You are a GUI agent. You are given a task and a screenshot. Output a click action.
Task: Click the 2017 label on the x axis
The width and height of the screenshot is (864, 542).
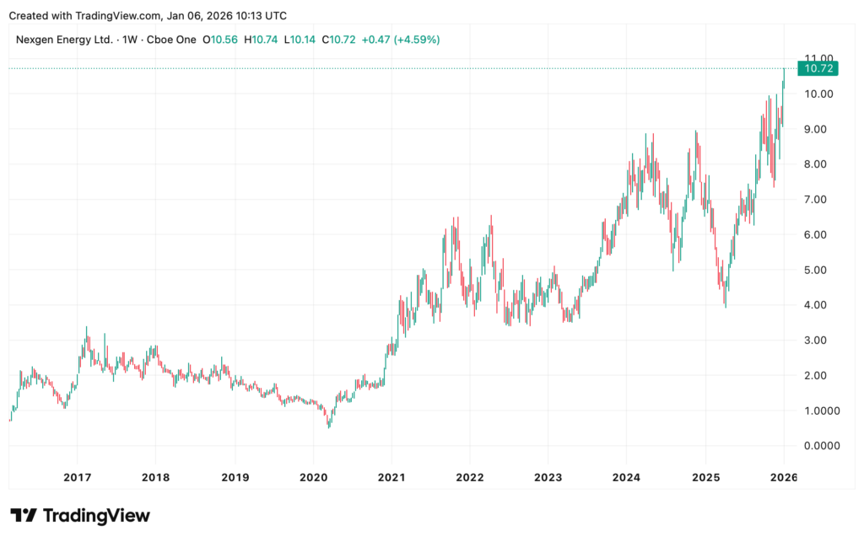[77, 477]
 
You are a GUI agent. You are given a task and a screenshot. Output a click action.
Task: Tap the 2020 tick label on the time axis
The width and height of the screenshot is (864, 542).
[313, 477]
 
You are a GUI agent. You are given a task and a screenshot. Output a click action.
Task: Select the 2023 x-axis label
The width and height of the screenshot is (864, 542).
[548, 477]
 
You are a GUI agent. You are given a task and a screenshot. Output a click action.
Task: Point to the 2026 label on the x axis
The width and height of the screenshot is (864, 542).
[784, 477]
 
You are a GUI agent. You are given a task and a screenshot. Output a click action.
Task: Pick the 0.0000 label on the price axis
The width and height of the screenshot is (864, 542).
[823, 445]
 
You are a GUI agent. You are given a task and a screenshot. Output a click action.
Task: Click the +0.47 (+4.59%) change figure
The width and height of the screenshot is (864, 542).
[400, 40]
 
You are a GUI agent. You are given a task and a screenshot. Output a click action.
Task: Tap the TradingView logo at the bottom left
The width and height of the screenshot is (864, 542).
[80, 515]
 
